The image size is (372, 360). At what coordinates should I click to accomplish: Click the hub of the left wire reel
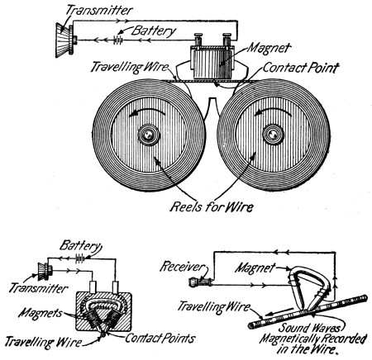[x=149, y=135]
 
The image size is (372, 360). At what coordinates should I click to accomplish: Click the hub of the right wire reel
[x=273, y=135]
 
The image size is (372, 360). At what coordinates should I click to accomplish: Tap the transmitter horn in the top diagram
[x=64, y=40]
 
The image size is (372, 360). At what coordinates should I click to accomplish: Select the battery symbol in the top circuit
[x=118, y=40]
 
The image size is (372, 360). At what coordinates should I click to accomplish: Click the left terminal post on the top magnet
[x=198, y=40]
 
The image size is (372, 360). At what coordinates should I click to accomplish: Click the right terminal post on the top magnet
[x=227, y=40]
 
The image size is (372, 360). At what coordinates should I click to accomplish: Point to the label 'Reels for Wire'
[x=211, y=206]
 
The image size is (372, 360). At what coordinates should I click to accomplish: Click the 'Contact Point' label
[x=300, y=68]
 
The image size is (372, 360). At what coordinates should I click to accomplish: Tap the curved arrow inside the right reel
[x=273, y=112]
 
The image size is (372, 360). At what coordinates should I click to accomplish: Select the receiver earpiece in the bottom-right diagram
[x=200, y=282]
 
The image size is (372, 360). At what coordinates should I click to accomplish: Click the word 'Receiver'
[x=183, y=267]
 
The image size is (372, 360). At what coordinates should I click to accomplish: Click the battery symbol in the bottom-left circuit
[x=80, y=258]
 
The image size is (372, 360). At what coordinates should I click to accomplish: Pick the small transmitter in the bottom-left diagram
[x=45, y=271]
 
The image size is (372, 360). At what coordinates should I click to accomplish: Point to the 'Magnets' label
[x=41, y=313]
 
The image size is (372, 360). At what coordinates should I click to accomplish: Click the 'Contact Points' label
[x=160, y=338]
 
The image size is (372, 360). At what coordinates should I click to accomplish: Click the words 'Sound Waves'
[x=310, y=328]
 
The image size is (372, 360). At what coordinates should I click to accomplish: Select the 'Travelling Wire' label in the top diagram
[x=130, y=67]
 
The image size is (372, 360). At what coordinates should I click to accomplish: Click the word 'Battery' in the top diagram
[x=154, y=31]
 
